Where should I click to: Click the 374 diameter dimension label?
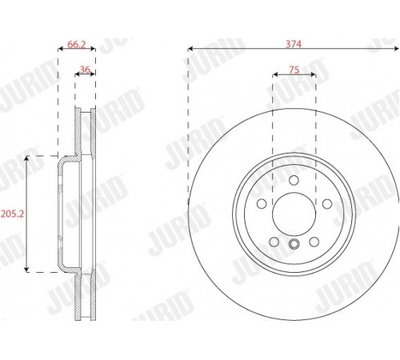(294, 44)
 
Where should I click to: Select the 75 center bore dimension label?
(294, 70)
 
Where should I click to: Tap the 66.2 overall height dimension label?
(77, 44)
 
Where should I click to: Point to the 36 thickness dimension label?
(85, 70)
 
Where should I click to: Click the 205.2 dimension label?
(12, 214)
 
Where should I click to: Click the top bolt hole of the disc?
(294, 180)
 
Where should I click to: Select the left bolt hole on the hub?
(262, 204)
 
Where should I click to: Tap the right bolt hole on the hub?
(327, 204)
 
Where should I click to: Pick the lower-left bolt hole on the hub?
(274, 242)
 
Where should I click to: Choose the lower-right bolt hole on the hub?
(314, 242)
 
